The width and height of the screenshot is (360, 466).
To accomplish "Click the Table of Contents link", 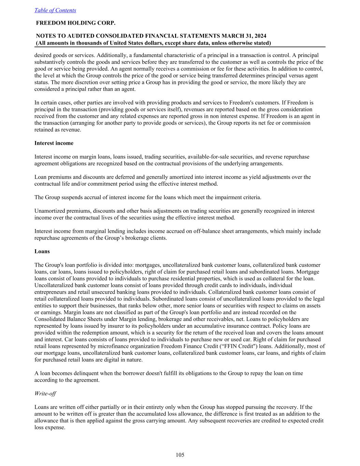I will (x=55, y=10).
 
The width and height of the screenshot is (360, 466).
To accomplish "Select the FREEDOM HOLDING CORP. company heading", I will (x=76, y=23).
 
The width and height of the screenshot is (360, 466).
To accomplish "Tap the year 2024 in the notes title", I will (x=260, y=36).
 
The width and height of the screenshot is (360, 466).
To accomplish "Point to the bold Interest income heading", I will (x=54, y=143).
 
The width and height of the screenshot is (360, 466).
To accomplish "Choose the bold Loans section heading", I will (x=42, y=251).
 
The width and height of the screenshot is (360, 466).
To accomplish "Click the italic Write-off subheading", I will (x=45, y=393).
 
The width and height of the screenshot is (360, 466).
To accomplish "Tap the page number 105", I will (x=180, y=455).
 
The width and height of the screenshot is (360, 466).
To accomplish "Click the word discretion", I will (x=74, y=82).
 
